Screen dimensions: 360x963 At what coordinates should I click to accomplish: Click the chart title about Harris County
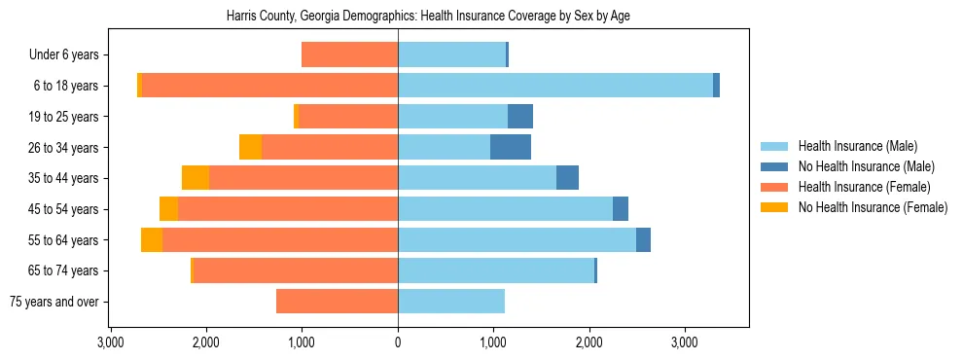pos(428,17)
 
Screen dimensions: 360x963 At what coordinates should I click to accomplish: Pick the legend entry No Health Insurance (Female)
pos(872,207)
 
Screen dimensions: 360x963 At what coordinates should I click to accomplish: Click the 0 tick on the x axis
pos(398,342)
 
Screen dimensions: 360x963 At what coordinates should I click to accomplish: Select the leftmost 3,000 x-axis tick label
pos(111,342)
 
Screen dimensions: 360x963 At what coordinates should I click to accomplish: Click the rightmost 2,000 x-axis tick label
pos(589,342)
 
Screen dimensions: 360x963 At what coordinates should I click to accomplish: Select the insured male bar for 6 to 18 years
pos(554,86)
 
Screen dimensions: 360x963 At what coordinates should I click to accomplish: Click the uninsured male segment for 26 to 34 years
pos(511,147)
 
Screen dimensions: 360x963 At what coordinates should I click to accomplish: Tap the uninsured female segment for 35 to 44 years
pos(196,178)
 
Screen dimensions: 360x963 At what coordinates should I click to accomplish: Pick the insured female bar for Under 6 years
pos(350,54)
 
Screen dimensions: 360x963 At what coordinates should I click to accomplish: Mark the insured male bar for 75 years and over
pos(451,302)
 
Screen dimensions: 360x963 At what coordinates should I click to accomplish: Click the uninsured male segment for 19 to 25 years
pos(520,117)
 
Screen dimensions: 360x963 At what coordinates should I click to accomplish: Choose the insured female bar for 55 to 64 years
pos(280,240)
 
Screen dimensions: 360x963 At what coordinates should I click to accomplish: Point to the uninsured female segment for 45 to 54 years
pos(169,209)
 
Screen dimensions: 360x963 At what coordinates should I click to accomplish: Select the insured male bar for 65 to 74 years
pos(496,270)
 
